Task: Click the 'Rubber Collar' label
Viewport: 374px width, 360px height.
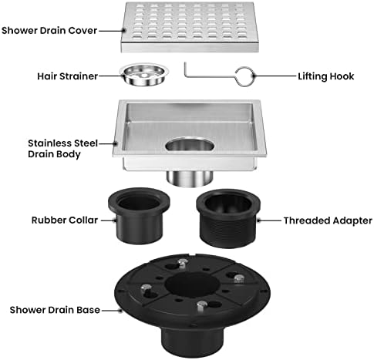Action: pos(65,220)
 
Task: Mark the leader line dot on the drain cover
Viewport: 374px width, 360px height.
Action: pos(123,31)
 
